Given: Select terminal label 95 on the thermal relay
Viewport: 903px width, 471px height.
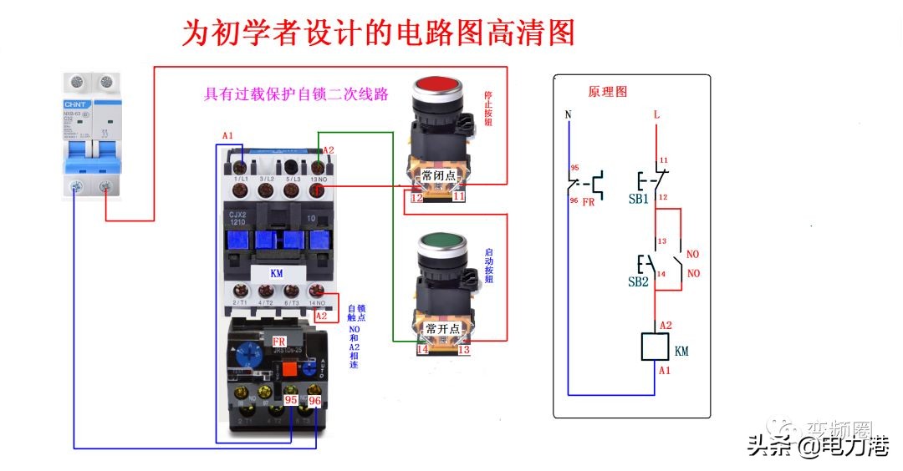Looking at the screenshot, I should pos(292,401).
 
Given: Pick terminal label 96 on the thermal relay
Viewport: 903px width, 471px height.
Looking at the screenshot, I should pos(314,401).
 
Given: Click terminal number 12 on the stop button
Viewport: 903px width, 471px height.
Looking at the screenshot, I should pos(416,197).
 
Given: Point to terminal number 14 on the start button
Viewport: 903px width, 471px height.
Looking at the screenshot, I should pos(422,350).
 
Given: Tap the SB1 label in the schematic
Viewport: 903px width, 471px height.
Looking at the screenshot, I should pos(639,200).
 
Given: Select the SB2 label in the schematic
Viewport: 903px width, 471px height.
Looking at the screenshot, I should pos(638,281).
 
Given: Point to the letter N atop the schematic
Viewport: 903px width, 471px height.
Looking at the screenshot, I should pos(569,114).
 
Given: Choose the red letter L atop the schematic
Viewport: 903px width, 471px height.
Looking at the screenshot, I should pos(656,114).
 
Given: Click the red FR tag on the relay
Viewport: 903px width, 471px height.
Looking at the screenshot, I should pos(279,342).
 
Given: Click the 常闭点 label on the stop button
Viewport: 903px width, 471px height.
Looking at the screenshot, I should pos(438,176).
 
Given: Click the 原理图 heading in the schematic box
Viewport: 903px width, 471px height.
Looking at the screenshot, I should pos(608,91).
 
